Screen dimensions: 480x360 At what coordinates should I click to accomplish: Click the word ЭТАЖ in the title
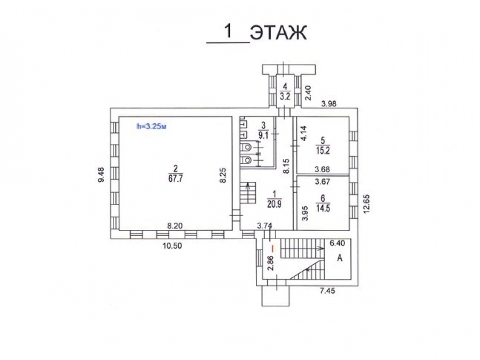pos(278,33)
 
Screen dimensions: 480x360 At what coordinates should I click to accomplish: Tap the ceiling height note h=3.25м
pos(152,126)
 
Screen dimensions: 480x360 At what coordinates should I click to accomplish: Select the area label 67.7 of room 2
pos(175,179)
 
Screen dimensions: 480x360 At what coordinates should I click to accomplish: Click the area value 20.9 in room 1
pos(274,204)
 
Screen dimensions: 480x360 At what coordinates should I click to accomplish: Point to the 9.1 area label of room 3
pos(263,135)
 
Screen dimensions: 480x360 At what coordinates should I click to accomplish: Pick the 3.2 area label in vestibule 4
pos(285,96)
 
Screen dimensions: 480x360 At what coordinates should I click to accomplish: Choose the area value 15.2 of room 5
pos(323,151)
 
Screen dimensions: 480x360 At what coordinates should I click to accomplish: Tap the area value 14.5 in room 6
pos(323,208)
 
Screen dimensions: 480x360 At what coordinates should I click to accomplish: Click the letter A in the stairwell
pos(339,258)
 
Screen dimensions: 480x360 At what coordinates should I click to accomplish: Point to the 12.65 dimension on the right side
pos(367,203)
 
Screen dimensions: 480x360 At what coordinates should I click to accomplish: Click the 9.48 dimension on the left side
pos(101,175)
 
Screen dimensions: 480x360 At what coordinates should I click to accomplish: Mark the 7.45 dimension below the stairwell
pos(327,290)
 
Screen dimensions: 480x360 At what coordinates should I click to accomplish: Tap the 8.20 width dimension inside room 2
pos(175,226)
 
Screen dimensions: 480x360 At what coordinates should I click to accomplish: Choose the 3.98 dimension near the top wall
pos(328,104)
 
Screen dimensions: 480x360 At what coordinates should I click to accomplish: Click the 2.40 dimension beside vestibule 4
pos(308,93)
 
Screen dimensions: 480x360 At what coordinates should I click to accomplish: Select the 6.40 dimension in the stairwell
pos(337,243)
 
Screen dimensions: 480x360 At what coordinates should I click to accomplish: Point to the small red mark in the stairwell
pos(274,247)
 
